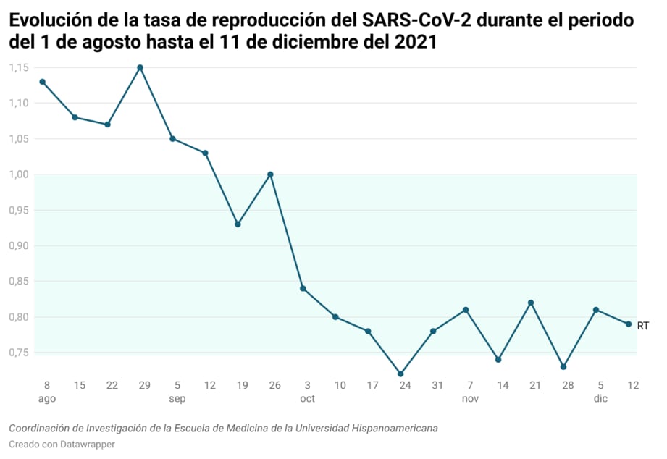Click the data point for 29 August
[140, 67]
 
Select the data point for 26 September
[270, 174]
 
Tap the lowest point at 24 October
[400, 374]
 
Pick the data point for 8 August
[42, 82]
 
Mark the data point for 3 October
[303, 288]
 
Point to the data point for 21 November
[531, 303]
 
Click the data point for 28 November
[563, 366]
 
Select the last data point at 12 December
[629, 324]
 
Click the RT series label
[643, 326]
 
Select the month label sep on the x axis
[177, 398]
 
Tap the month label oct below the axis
[307, 398]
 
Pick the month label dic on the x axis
[600, 398]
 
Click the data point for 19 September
[238, 224]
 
